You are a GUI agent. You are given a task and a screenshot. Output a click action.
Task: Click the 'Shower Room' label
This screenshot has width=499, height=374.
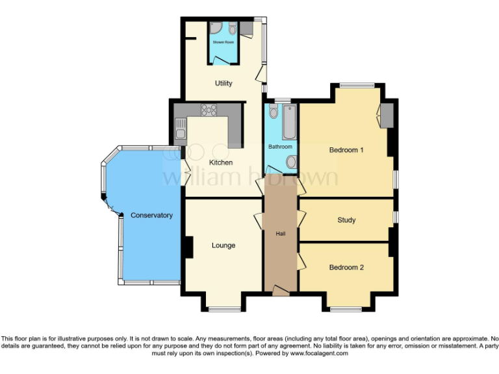click(x=224, y=42)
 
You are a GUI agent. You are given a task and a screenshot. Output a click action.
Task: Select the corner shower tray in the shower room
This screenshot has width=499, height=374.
click(x=215, y=27)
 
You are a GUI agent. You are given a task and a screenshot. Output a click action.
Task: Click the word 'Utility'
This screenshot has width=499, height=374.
click(x=224, y=84)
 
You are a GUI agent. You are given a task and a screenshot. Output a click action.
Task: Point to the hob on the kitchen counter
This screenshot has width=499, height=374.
click(x=209, y=110)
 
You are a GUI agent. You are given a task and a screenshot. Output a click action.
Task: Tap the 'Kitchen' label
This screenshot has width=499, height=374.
click(x=220, y=162)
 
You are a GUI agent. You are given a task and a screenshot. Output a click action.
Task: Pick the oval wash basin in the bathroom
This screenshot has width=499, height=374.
click(x=290, y=161)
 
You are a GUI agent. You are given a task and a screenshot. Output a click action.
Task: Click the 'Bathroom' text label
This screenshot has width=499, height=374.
click(x=280, y=147)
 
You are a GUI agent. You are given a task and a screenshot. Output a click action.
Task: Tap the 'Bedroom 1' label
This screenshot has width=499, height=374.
click(x=346, y=150)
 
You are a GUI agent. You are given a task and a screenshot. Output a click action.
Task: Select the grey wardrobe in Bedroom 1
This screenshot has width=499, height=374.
click(x=387, y=115)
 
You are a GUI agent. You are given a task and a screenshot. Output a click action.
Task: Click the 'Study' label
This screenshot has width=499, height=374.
click(x=346, y=220)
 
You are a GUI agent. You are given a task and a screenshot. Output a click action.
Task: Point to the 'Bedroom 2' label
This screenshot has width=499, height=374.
click(x=346, y=268)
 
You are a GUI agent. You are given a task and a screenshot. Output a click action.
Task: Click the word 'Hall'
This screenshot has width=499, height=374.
click(x=280, y=234)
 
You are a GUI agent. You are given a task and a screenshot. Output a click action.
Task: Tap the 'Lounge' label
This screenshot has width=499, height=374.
click(x=223, y=245)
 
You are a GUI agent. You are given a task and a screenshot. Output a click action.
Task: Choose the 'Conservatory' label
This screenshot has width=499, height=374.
click(x=151, y=215)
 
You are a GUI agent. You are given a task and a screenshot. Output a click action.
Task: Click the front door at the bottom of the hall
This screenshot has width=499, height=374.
click(x=280, y=292)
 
